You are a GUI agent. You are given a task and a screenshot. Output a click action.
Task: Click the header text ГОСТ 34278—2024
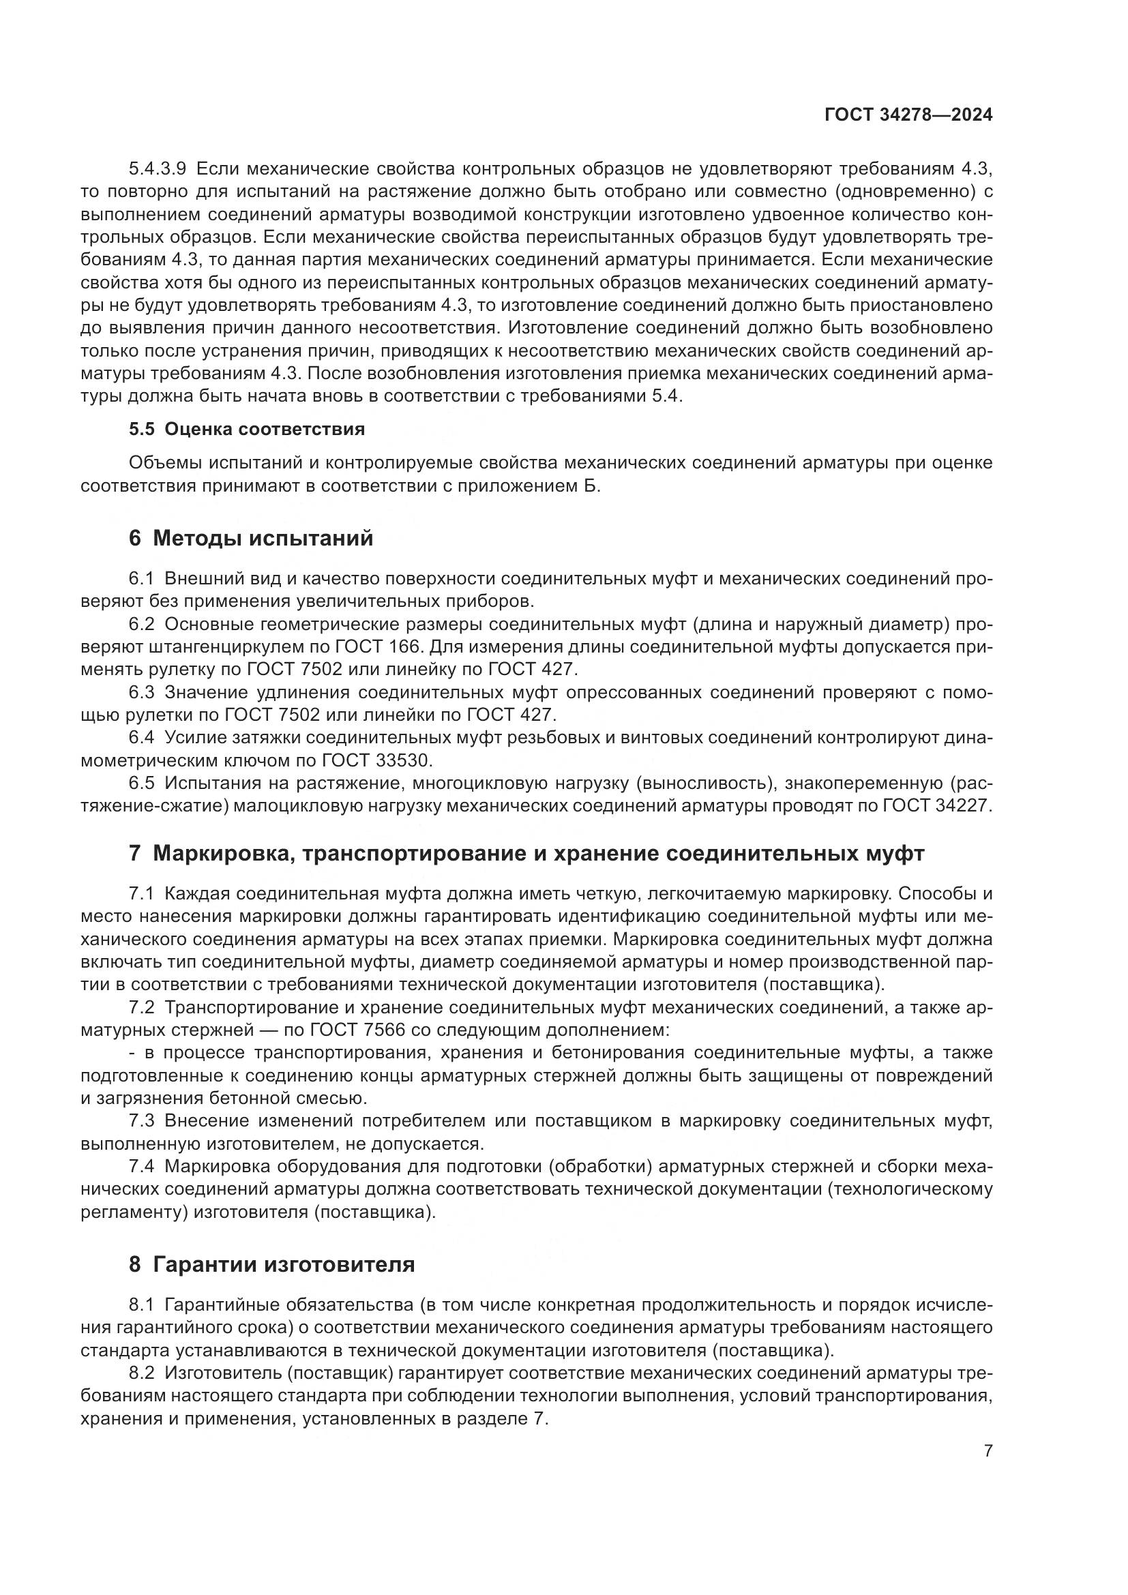pos(908,115)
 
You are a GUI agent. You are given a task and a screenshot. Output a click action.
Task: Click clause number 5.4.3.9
pos(157,169)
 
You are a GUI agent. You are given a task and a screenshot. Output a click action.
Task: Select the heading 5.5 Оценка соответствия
pos(247,430)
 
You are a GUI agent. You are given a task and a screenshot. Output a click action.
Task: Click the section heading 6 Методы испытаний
pos(251,539)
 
